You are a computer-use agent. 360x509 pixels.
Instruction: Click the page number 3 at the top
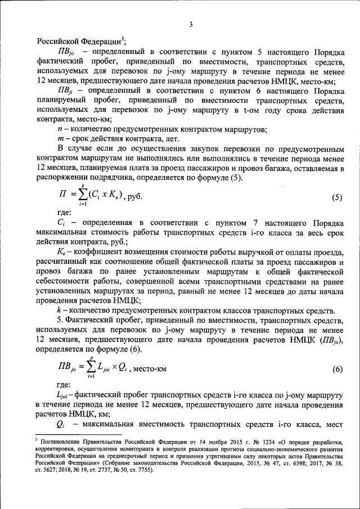(x=191, y=24)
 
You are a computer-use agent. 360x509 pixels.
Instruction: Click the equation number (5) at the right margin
(x=336, y=197)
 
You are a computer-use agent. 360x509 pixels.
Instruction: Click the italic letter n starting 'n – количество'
(x=60, y=129)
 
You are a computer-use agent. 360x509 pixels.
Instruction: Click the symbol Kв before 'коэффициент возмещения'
(x=62, y=251)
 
